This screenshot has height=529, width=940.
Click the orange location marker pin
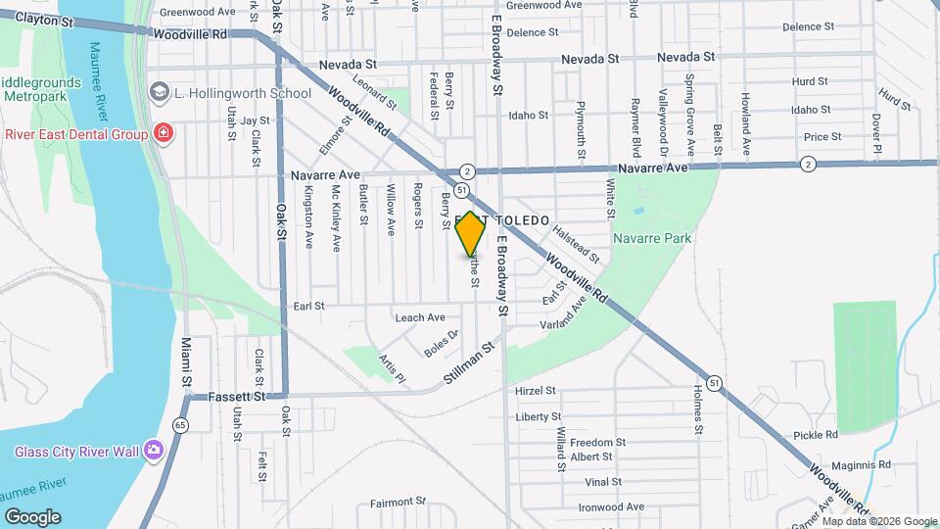[x=471, y=234]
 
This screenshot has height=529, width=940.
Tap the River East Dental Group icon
[x=164, y=134]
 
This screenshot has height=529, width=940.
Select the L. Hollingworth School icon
[x=159, y=93]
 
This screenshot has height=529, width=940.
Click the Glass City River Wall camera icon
[x=153, y=451]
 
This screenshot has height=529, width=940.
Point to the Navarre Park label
[x=652, y=238]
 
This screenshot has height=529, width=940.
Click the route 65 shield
[x=180, y=425]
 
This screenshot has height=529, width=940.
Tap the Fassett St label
[x=238, y=397]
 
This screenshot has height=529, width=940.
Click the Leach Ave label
[x=420, y=317]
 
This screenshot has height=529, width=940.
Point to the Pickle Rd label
[x=816, y=434]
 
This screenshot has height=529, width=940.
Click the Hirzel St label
[x=536, y=391]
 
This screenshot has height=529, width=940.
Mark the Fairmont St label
[x=398, y=503]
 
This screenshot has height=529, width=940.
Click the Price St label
[x=822, y=137]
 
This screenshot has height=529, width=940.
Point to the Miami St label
[x=186, y=361]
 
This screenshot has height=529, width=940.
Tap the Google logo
[x=32, y=516]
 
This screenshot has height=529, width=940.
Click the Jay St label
[x=255, y=120]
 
